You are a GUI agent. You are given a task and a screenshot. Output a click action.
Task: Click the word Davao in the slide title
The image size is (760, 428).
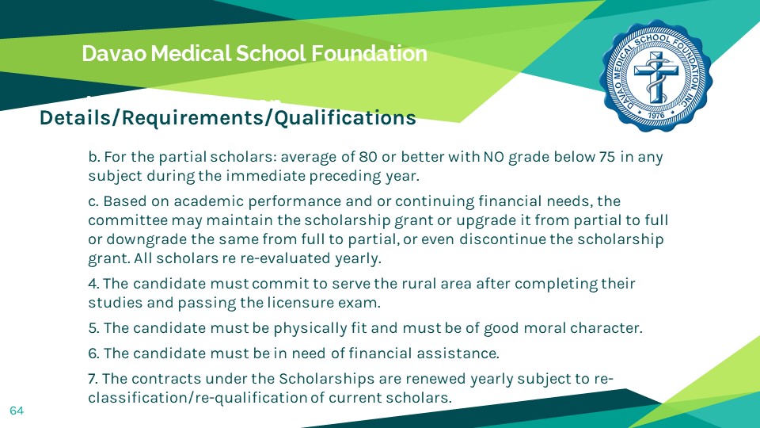click(x=114, y=53)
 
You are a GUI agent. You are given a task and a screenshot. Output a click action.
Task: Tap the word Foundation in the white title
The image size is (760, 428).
click(x=369, y=53)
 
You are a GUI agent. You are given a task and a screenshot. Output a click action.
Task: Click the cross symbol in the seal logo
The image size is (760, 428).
click(x=656, y=77)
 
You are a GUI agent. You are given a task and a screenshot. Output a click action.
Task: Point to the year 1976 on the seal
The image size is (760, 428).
click(x=656, y=116)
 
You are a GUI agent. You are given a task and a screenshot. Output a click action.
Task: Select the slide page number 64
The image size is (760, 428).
click(x=17, y=411)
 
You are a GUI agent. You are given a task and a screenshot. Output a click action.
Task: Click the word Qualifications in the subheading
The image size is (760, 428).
click(x=345, y=118)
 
